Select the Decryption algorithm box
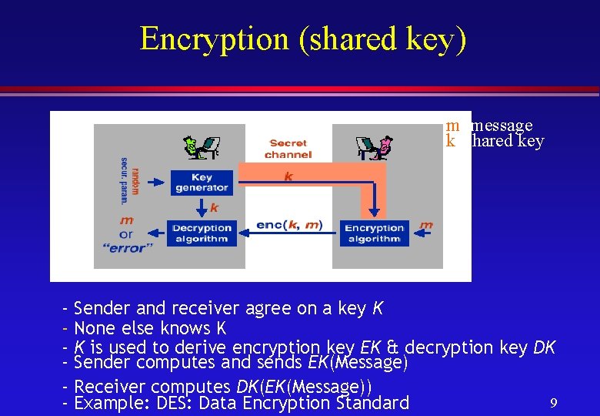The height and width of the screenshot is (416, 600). click(x=202, y=233)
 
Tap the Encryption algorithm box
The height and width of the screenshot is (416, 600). click(x=374, y=233)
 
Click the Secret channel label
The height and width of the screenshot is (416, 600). click(x=288, y=149)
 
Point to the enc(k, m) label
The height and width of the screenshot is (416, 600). click(x=289, y=225)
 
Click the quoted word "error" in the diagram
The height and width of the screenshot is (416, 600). click(x=126, y=247)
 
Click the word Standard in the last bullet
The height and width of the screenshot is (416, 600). click(x=372, y=403)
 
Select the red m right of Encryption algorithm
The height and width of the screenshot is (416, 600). click(x=426, y=225)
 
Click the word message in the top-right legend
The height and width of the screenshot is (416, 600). click(x=502, y=125)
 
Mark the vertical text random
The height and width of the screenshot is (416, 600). click(x=135, y=179)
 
